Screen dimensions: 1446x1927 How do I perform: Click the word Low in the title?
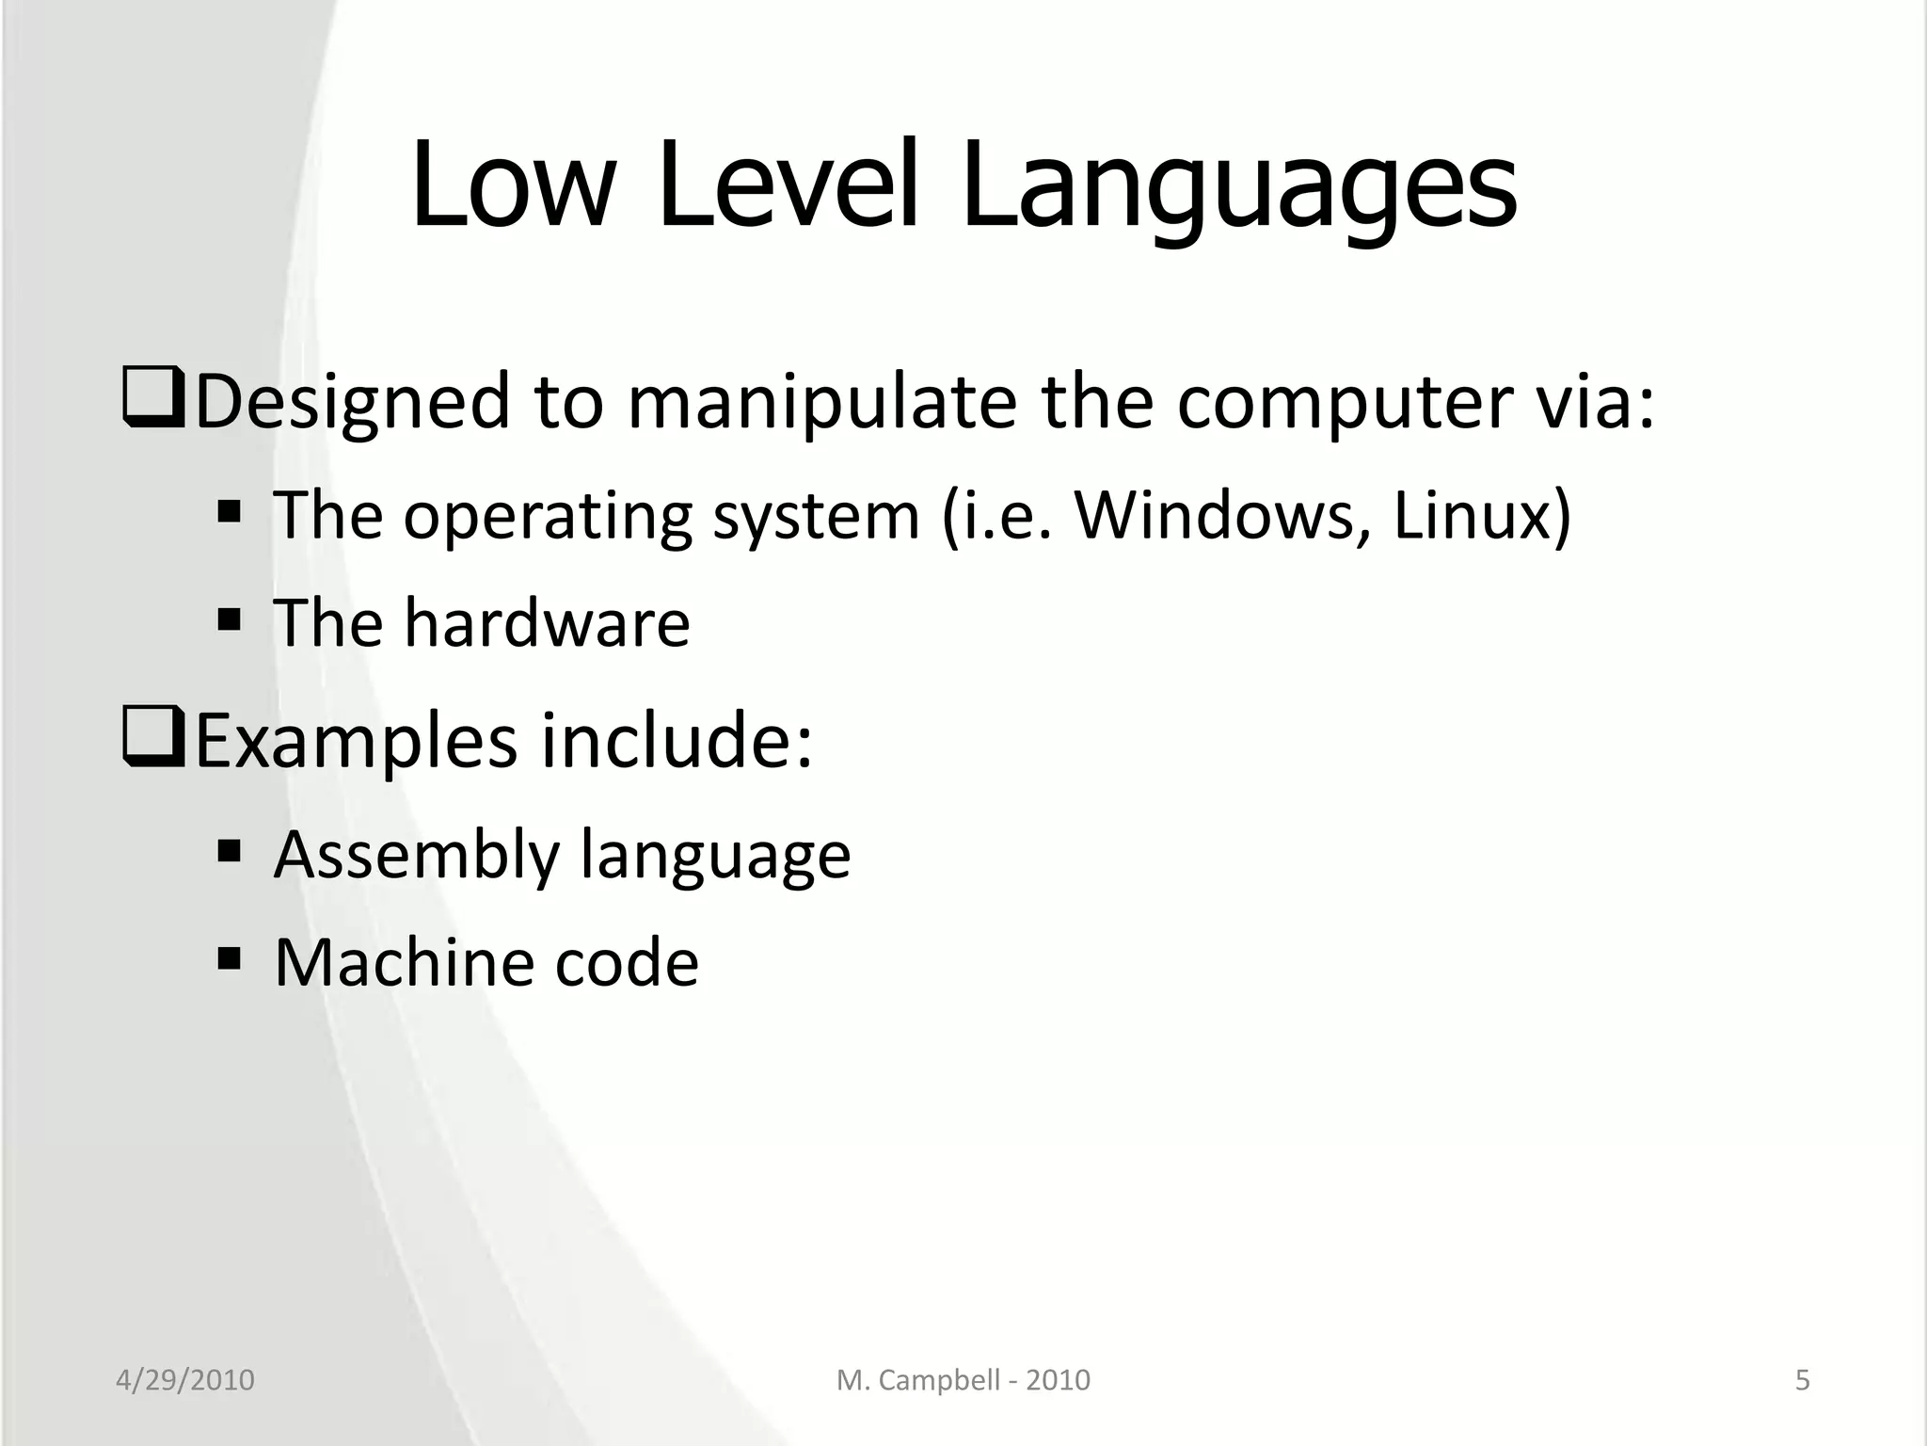(513, 185)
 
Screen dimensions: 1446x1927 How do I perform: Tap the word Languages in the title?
(1238, 185)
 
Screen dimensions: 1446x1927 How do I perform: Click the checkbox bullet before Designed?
(153, 400)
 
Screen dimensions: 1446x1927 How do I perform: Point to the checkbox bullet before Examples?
(153, 739)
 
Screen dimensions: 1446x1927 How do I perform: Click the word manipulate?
(821, 402)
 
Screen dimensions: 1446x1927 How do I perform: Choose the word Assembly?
(417, 855)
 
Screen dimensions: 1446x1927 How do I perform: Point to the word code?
(627, 962)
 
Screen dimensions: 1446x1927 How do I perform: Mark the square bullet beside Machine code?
(229, 959)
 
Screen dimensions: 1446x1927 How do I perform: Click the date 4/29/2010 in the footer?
(184, 1380)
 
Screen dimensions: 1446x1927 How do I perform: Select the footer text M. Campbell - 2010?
(963, 1380)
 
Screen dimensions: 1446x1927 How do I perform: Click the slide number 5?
(1802, 1380)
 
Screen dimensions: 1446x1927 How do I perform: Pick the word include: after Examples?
(677, 741)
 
